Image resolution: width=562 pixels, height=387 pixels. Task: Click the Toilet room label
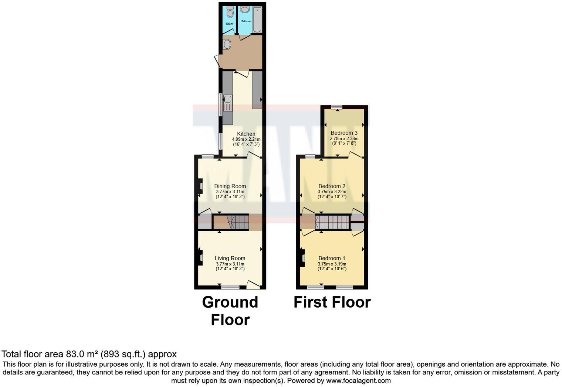click(229, 24)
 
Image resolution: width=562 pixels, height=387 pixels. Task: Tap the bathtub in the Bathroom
click(257, 19)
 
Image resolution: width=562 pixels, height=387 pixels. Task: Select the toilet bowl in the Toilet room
click(230, 13)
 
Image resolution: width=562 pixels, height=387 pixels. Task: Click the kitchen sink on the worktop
click(227, 99)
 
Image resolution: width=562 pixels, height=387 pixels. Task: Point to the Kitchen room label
click(246, 134)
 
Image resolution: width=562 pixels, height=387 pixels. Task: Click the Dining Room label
click(230, 186)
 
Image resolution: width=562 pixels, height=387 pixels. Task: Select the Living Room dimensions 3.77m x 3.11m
click(230, 264)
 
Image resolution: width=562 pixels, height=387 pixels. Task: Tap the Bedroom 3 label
click(344, 133)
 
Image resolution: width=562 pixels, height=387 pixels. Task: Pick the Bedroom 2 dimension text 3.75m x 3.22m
click(332, 192)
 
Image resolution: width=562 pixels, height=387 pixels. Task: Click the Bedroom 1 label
click(332, 258)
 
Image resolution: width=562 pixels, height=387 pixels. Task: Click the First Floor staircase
click(332, 223)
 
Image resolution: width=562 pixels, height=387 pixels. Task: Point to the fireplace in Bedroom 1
click(302, 258)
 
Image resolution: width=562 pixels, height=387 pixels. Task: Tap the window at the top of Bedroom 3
click(336, 107)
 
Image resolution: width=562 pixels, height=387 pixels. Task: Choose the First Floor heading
click(332, 302)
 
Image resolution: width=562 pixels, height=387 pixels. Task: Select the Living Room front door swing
click(254, 284)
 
